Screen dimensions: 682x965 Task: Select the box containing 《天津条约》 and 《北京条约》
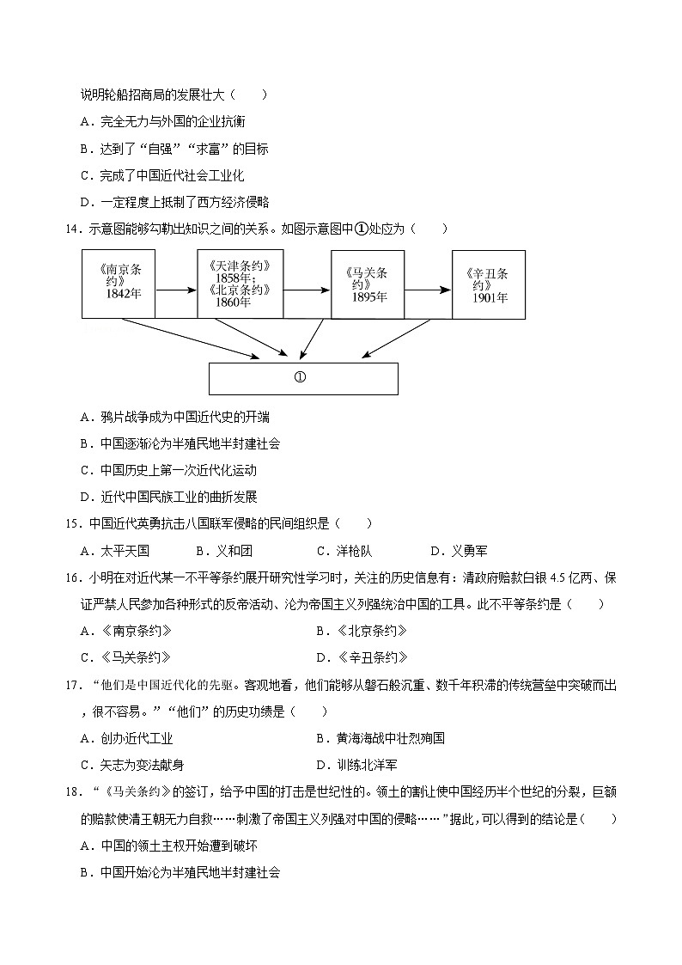click(240, 283)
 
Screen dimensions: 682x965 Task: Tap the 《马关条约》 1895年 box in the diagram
click(368, 284)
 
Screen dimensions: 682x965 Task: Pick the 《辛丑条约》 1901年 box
click(488, 284)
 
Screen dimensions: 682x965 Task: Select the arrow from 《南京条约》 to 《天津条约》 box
click(176, 290)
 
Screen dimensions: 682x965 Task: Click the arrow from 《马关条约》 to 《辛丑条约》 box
click(428, 290)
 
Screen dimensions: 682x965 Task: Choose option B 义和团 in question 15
click(224, 551)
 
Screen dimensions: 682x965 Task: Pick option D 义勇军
click(459, 551)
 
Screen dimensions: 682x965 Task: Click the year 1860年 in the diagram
click(234, 302)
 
